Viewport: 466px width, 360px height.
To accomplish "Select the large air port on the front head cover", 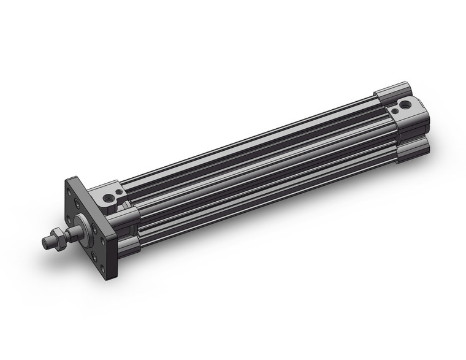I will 110,197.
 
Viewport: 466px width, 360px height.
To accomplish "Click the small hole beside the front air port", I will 116,191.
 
